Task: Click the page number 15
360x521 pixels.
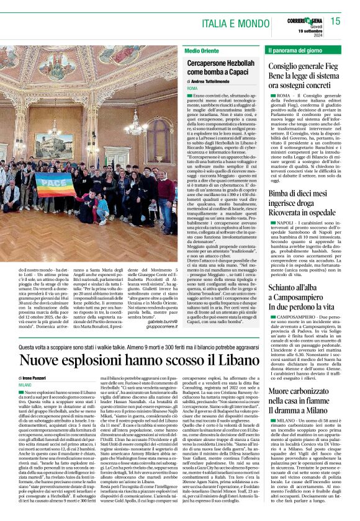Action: [x=335, y=21]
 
